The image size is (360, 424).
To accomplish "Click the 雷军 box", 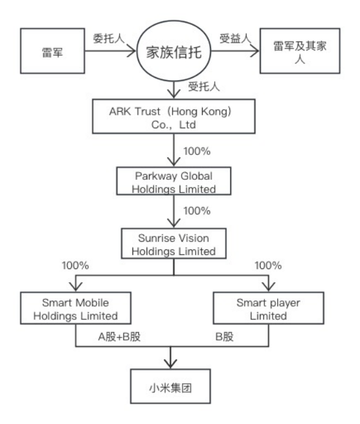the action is [52, 51].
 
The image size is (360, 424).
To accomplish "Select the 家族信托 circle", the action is [174, 51].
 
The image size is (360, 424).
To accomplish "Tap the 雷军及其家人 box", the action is [300, 51].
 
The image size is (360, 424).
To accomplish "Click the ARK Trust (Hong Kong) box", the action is [174, 117].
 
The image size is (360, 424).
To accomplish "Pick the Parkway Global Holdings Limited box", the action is [174, 181].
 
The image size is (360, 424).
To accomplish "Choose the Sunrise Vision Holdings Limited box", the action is [174, 244].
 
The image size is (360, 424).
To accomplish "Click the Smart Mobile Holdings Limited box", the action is [76, 308].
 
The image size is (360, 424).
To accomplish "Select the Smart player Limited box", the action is [268, 308].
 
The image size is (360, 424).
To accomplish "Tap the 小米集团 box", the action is [171, 386].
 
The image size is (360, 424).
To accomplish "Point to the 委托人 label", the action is [109, 38].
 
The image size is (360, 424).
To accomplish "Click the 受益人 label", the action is [235, 38].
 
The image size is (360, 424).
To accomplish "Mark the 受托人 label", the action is [204, 87].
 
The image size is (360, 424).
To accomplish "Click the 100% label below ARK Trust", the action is [197, 151].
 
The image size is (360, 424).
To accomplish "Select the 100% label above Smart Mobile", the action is [75, 265].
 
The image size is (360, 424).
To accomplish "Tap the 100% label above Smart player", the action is [268, 265].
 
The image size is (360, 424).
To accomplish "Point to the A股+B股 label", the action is [119, 337].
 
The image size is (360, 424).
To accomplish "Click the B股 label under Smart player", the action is [224, 337].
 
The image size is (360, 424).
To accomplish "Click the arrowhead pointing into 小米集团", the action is [171, 363].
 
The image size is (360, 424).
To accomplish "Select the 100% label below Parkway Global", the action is [197, 210].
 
